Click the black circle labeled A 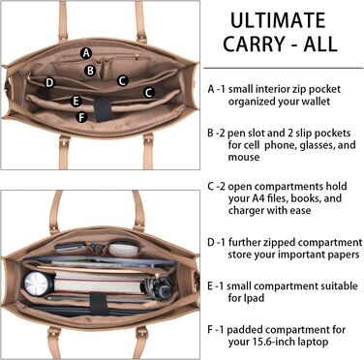pyautogui.click(x=86, y=53)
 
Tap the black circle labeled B pyautogui.click(x=90, y=71)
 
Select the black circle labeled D pyautogui.click(x=49, y=83)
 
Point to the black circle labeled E pyautogui.click(x=76, y=101)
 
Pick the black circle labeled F pyautogui.click(x=81, y=117)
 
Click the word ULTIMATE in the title pyautogui.click(x=278, y=20)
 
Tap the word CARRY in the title pyautogui.click(x=256, y=45)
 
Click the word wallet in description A pyautogui.click(x=316, y=102)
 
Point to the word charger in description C pyautogui.click(x=246, y=210)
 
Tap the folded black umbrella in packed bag pyautogui.click(x=157, y=285)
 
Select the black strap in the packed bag pyautogui.click(x=98, y=304)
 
